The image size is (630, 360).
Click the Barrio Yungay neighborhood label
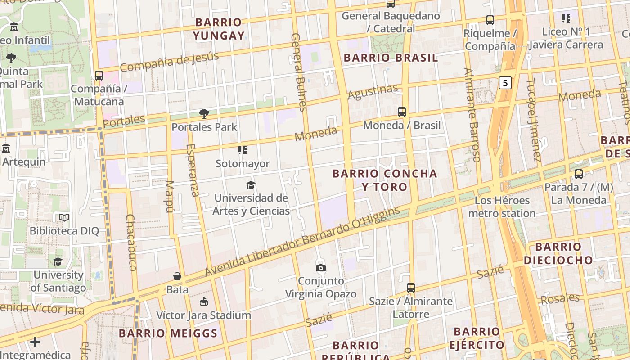219,29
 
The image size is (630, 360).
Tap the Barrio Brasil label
391,58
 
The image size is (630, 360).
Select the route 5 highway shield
506,83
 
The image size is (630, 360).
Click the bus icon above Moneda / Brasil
402,112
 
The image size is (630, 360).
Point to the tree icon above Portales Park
204,114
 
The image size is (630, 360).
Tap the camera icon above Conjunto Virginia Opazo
321,268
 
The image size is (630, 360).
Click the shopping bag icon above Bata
177,276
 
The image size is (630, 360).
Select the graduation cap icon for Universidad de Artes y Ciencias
251,185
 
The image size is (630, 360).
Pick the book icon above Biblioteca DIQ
64,218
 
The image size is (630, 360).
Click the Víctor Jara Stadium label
203,315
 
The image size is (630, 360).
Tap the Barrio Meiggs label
168,333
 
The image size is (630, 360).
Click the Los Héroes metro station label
502,207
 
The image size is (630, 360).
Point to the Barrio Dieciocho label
558,253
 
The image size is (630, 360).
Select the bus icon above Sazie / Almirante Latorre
410,288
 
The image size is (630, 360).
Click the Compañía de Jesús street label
169,62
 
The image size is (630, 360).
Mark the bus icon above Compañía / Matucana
99,76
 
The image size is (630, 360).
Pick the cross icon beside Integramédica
35,342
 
